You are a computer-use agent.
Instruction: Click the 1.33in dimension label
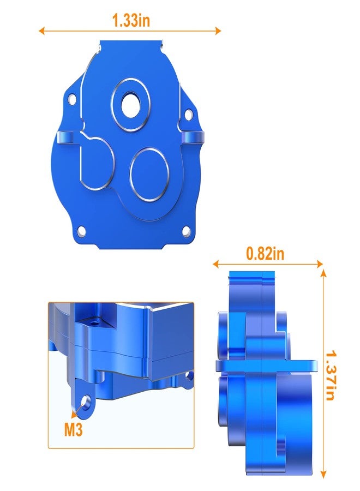131,21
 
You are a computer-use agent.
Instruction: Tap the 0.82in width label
265,254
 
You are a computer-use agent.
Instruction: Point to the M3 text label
73,430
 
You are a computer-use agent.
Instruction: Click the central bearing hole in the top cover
131,106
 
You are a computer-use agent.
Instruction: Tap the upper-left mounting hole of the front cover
71,98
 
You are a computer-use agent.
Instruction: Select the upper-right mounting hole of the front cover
189,115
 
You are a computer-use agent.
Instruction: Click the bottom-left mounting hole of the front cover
81,231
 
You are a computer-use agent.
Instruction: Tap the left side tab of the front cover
64,136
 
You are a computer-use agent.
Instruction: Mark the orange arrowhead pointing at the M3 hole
77,411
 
